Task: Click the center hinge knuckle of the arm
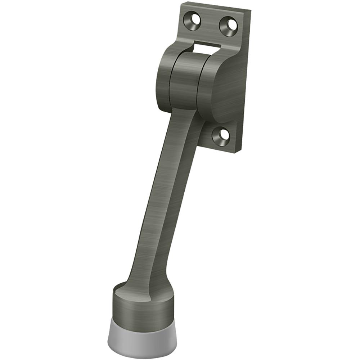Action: (185, 81)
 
